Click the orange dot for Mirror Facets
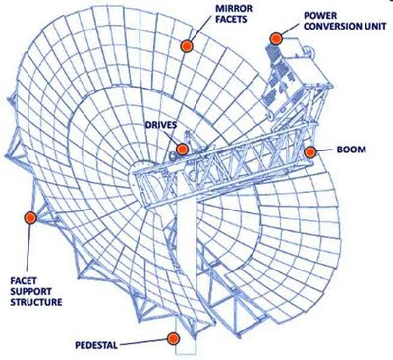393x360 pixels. [187, 46]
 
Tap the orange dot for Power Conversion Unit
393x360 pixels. [276, 38]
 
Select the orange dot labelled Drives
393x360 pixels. [182, 150]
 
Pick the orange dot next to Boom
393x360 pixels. [309, 152]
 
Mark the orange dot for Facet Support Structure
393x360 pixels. [30, 218]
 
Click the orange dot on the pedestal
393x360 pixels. [173, 338]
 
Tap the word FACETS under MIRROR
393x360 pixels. [231, 19]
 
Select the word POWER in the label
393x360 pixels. [315, 15]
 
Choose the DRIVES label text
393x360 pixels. [161, 125]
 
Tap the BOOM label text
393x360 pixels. [352, 150]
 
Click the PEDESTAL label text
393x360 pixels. [96, 345]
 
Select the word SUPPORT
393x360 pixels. [30, 291]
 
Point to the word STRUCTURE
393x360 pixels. [36, 302]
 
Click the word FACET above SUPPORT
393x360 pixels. [24, 280]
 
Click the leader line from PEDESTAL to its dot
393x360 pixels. [143, 342]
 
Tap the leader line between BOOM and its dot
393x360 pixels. [324, 150]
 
